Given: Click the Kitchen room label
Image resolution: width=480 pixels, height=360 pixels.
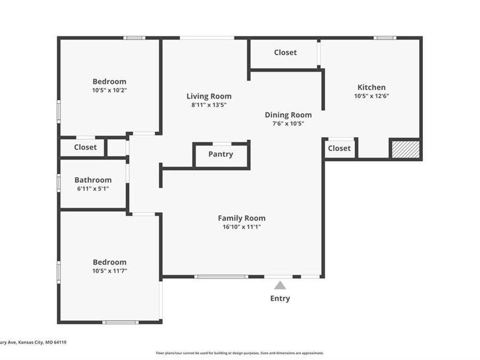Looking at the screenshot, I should click(x=371, y=87).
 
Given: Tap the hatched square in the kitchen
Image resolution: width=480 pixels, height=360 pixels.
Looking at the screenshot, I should click(x=405, y=149).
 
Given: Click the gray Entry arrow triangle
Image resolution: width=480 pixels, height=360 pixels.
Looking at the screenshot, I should click(x=280, y=286).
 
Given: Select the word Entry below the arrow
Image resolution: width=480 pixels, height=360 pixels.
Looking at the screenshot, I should click(x=280, y=298).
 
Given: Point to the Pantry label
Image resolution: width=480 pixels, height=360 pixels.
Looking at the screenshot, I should click(x=221, y=154).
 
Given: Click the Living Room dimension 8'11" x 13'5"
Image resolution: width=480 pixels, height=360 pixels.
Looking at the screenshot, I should click(x=209, y=105).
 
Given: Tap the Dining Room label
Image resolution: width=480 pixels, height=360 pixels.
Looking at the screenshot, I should click(x=288, y=115).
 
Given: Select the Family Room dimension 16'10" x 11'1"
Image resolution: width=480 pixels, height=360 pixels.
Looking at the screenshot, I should click(x=242, y=227).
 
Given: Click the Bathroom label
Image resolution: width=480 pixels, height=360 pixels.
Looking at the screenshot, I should click(x=93, y=180).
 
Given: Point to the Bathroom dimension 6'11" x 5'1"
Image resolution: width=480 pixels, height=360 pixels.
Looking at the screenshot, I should click(x=93, y=188).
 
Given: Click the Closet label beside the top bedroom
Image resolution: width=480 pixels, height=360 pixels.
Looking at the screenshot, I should click(x=85, y=147).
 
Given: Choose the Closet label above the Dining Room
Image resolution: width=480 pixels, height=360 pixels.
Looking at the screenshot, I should click(x=285, y=52).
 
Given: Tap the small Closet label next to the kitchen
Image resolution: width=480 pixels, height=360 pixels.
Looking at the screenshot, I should click(x=339, y=148).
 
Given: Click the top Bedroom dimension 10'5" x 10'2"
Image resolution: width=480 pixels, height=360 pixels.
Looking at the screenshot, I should click(x=109, y=90).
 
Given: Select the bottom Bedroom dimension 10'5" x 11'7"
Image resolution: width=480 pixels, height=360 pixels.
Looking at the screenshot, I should click(x=109, y=270).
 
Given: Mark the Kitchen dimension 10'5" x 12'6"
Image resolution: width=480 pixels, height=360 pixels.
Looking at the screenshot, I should click(x=371, y=96).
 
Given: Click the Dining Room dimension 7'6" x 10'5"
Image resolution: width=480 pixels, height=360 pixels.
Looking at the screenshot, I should click(x=288, y=123).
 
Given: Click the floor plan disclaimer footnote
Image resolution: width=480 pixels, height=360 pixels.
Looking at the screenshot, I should click(x=239, y=353).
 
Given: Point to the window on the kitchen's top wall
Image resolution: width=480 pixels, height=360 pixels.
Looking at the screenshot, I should click(x=385, y=38).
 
